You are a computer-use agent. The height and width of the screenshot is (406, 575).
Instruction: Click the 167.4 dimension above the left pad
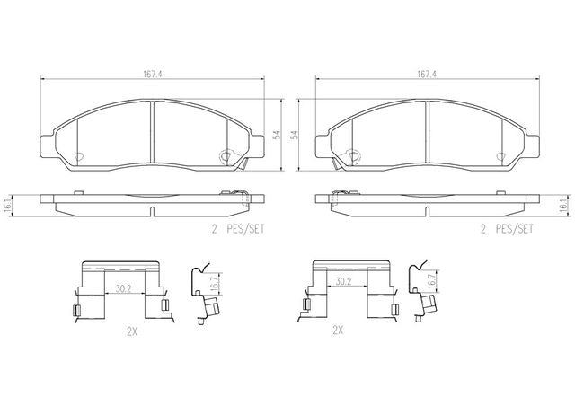click(x=153, y=74)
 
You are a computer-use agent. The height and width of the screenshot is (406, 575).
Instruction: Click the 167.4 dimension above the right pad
click(x=427, y=74)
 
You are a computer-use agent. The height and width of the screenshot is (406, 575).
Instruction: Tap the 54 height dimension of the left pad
click(x=278, y=135)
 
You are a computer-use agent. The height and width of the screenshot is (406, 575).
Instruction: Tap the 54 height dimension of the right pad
click(x=295, y=135)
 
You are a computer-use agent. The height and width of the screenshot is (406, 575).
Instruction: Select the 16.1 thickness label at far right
click(x=569, y=206)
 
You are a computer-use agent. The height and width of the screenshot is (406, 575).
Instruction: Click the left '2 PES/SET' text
click(x=238, y=230)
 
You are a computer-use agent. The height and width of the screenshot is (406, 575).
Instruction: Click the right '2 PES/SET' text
click(x=507, y=230)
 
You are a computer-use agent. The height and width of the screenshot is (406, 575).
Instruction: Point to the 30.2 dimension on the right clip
click(x=343, y=281)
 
